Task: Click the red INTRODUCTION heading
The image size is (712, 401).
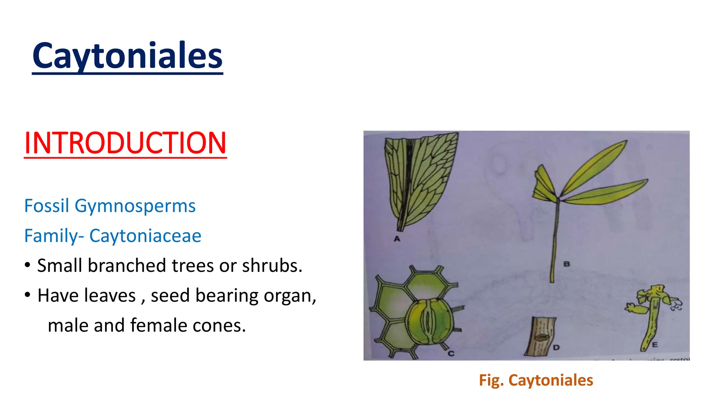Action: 125,143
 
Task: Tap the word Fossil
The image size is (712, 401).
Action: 47,206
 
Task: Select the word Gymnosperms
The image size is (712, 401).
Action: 135,206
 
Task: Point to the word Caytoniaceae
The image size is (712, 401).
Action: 145,236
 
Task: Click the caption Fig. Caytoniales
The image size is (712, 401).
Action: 536,380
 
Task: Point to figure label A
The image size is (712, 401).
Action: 397,239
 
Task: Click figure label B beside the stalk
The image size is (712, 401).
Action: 567,264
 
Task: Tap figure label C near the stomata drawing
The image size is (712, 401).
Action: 451,353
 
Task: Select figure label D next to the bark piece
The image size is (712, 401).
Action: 556,347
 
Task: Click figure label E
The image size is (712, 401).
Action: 655,345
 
